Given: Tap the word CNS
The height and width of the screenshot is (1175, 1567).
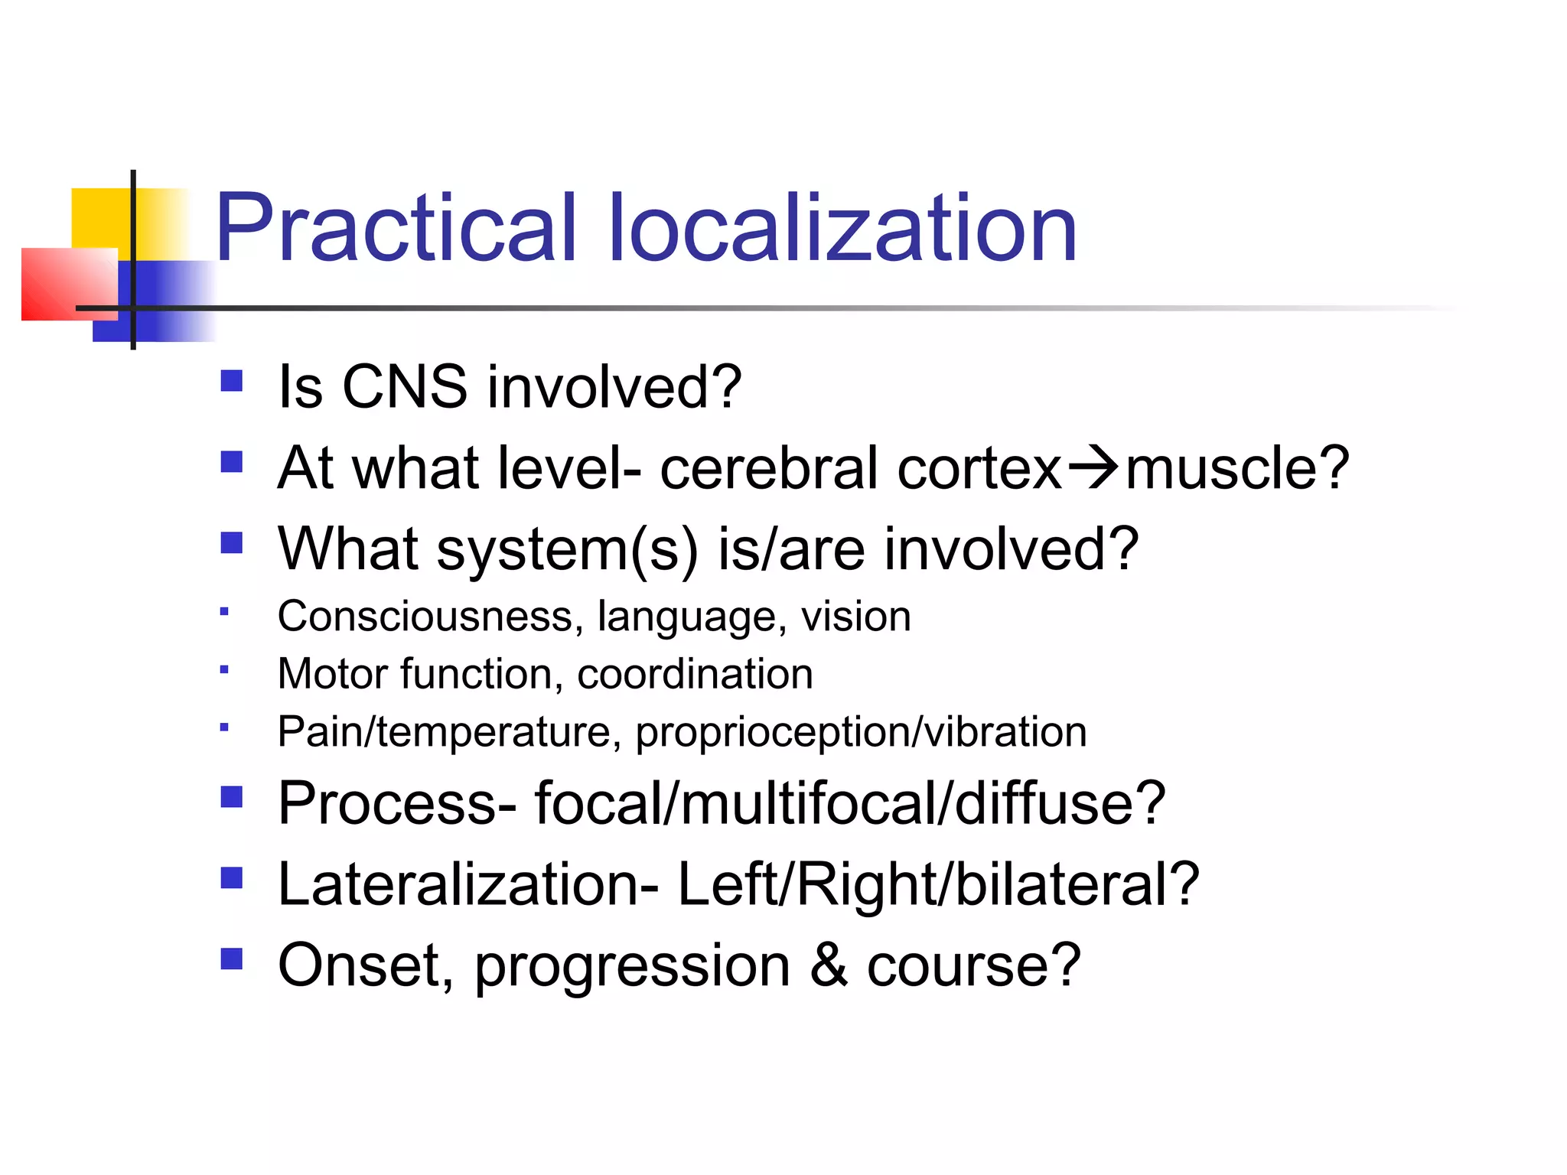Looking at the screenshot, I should pyautogui.click(x=403, y=386).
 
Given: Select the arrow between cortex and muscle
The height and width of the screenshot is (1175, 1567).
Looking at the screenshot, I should pyautogui.click(x=1093, y=467).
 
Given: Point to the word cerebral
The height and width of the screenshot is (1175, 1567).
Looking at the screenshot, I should pyautogui.click(x=768, y=467).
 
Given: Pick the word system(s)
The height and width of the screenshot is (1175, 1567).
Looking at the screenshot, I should pyautogui.click(x=566, y=549).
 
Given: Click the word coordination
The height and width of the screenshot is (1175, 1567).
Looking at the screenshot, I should pyautogui.click(x=695, y=674).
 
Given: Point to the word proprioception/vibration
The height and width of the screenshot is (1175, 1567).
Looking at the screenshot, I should pyautogui.click(x=861, y=731).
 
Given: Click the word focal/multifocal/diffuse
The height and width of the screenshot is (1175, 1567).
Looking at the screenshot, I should pyautogui.click(x=849, y=802).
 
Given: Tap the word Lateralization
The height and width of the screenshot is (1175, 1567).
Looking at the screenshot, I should pyautogui.click(x=467, y=884).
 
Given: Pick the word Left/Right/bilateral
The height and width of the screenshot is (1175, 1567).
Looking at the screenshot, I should pyautogui.click(x=937, y=884).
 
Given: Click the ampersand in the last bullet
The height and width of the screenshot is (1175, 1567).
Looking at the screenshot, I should pyautogui.click(x=829, y=965).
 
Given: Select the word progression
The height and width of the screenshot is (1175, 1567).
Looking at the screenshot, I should pyautogui.click(x=632, y=966).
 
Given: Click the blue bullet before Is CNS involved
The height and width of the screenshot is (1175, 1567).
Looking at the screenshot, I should pyautogui.click(x=231, y=381).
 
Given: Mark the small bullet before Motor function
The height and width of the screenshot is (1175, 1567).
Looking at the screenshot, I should pyautogui.click(x=223, y=669).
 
